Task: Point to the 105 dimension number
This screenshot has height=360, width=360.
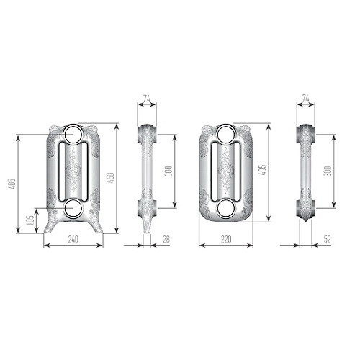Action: tap(30, 220)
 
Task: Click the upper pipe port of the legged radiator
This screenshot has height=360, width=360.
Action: tap(73, 134)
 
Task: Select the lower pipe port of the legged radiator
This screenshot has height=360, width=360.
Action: tap(73, 207)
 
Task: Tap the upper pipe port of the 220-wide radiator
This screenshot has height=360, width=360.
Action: tap(225, 134)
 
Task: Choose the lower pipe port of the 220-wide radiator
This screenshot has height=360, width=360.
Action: tap(225, 207)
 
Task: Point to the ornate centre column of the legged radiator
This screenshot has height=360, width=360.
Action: tap(73, 171)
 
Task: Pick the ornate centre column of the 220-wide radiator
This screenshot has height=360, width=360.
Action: tap(225, 171)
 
